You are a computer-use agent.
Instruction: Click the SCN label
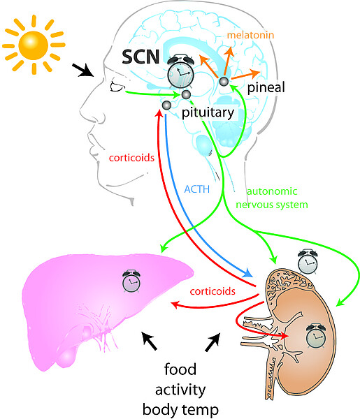pyautogui.click(x=141, y=57)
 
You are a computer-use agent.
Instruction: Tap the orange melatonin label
pyautogui.click(x=251, y=35)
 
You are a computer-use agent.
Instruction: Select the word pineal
pyautogui.click(x=266, y=88)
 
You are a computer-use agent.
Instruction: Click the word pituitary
pyautogui.click(x=208, y=112)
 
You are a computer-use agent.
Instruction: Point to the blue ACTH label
pyautogui.click(x=197, y=189)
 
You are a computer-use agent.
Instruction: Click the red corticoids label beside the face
pyautogui.click(x=131, y=158)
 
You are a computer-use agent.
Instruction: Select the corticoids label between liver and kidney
pyautogui.click(x=213, y=291)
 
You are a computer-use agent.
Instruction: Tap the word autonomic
pyautogui.click(x=272, y=191)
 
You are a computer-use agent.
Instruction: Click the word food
pyautogui.click(x=180, y=369)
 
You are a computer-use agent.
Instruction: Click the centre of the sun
pyautogui.click(x=33, y=45)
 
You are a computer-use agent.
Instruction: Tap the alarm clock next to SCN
pyautogui.click(x=180, y=72)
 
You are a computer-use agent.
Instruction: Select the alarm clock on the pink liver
pyautogui.click(x=131, y=281)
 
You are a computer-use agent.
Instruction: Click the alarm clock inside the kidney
pyautogui.click(x=316, y=336)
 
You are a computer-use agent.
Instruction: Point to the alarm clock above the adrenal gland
pyautogui.click(x=308, y=262)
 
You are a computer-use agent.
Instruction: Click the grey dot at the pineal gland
pyautogui.click(x=224, y=81)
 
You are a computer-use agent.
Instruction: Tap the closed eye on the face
pyautogui.click(x=117, y=87)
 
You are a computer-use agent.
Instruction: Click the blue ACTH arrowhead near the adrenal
pyautogui.click(x=247, y=273)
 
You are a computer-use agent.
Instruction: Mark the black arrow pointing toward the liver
pyautogui.click(x=149, y=341)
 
